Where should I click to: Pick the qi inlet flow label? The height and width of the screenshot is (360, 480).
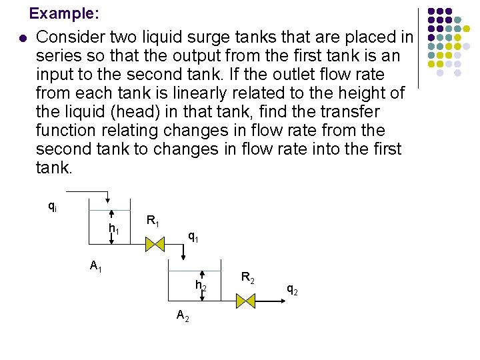click(52, 207)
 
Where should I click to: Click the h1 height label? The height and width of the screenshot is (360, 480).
click(115, 229)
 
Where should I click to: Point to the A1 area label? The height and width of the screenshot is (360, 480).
click(96, 267)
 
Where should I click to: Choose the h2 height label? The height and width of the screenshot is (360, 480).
click(201, 285)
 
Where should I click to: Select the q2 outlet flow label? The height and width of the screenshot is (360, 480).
click(292, 289)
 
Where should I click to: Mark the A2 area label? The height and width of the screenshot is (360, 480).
click(183, 315)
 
